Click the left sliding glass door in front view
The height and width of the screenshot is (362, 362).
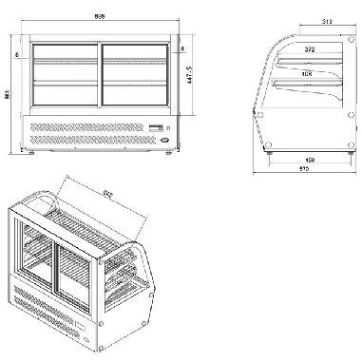click(x=65, y=73)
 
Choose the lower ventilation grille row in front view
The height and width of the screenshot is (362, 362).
click(x=90, y=141)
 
